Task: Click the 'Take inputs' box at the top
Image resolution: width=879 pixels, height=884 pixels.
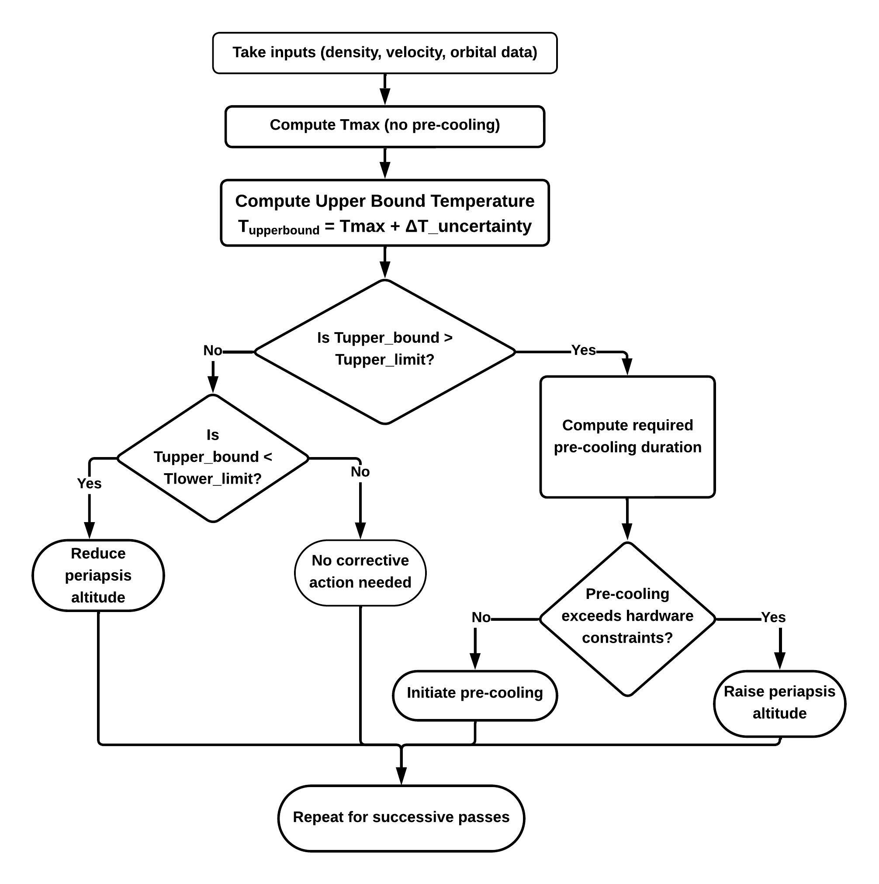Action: click(x=384, y=53)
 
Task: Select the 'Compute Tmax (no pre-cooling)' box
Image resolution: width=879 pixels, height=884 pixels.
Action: click(x=384, y=126)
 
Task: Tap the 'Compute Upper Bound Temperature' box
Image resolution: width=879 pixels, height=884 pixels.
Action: click(x=384, y=213)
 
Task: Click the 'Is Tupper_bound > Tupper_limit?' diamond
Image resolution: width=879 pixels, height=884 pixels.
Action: click(x=384, y=351)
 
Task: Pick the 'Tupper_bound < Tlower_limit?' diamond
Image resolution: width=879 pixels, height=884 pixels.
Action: click(x=213, y=457)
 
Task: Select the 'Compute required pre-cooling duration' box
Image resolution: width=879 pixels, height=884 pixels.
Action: click(x=627, y=437)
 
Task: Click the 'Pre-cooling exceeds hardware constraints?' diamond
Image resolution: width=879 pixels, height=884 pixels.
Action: click(x=627, y=619)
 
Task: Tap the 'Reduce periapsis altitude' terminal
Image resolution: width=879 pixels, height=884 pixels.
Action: click(x=98, y=575)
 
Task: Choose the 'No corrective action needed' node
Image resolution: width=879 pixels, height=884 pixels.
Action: click(x=360, y=572)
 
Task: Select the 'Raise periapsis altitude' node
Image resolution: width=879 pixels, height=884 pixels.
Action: click(x=779, y=703)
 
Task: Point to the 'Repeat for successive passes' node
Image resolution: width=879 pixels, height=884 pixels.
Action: click(x=401, y=817)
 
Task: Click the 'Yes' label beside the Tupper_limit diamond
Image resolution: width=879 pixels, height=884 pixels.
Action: click(x=584, y=350)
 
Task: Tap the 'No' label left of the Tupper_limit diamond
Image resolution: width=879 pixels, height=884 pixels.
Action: click(x=212, y=351)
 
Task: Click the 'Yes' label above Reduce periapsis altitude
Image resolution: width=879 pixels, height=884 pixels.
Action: click(x=89, y=483)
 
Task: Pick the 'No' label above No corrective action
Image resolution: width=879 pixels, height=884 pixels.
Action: click(x=360, y=472)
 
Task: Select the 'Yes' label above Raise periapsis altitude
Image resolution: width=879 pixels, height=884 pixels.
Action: click(x=773, y=618)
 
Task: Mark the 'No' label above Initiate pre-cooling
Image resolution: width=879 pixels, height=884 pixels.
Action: click(x=481, y=618)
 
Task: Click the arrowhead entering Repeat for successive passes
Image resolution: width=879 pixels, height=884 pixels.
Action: click(x=401, y=776)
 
